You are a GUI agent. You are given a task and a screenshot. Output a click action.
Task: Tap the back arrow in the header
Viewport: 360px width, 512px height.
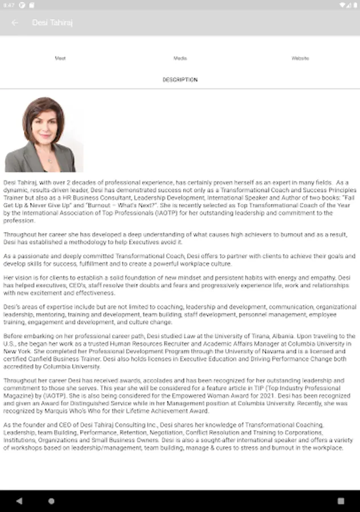(15, 23)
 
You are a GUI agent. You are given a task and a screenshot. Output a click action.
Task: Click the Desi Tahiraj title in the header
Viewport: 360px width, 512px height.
(52, 23)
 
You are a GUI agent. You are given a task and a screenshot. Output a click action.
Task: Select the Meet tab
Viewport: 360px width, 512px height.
(60, 58)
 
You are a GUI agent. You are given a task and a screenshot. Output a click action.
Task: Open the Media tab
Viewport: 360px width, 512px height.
(180, 58)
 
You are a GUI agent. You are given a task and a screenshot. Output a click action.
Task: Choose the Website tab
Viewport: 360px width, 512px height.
(300, 58)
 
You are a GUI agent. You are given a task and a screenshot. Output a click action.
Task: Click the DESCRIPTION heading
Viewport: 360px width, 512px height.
(180, 80)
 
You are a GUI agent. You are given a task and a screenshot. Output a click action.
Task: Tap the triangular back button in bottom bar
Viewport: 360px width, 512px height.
(19, 501)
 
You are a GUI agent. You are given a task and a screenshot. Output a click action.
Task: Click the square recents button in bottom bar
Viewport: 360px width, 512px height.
(340, 501)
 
